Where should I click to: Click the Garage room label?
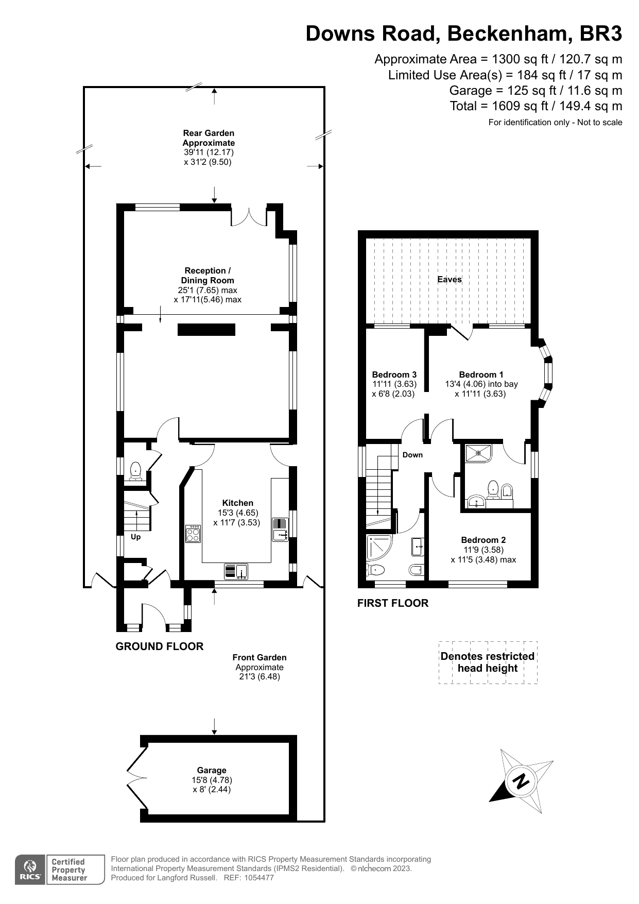(211, 770)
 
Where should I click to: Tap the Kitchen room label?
(237, 503)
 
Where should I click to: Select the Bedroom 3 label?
(394, 374)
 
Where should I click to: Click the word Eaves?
(449, 279)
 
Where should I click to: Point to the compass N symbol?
(521, 781)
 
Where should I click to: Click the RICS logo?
(31, 869)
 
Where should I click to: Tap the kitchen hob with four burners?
(193, 533)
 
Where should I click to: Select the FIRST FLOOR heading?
(392, 603)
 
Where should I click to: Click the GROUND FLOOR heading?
(159, 646)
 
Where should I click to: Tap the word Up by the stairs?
(135, 537)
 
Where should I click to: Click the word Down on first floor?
(412, 455)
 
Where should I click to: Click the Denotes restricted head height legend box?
(487, 662)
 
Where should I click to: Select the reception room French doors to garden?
(249, 216)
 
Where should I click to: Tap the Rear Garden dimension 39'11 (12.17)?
(209, 152)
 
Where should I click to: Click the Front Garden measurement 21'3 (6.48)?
(259, 676)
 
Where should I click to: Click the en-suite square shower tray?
(478, 453)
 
